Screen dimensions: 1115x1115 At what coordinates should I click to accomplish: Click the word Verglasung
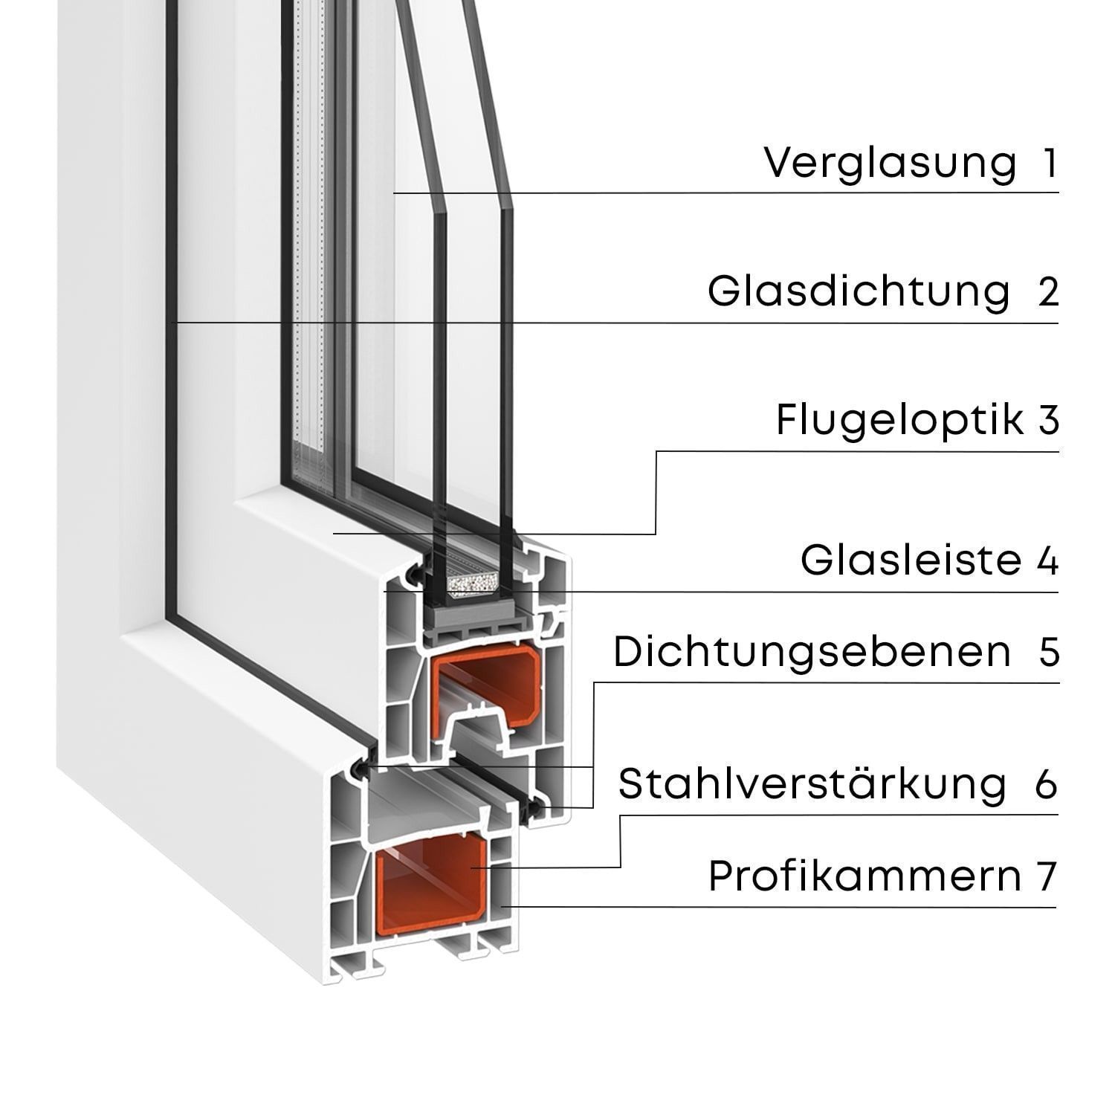pos(891,164)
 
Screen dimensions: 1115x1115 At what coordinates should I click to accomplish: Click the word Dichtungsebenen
pos(812,652)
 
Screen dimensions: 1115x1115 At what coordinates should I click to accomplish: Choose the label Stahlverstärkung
pos(812,783)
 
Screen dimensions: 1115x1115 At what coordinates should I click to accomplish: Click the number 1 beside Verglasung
pos(1050,164)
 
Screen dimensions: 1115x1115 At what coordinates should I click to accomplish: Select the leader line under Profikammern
pos(778,906)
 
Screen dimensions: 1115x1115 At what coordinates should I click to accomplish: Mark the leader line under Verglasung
pos(726,193)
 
